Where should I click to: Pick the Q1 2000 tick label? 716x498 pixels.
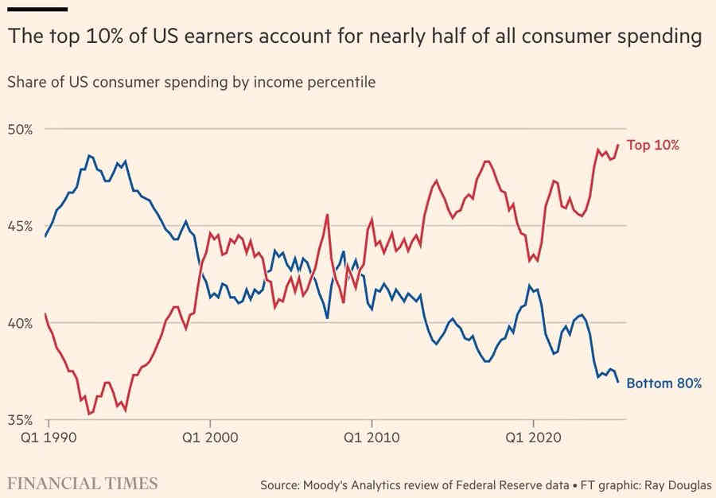tap(209, 437)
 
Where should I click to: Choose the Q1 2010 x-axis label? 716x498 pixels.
tap(370, 437)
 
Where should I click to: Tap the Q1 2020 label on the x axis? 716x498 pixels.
tap(532, 437)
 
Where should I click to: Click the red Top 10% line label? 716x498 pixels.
tap(652, 146)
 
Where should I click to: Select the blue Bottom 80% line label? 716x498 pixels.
tap(663, 383)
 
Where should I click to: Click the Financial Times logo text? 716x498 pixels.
tap(83, 483)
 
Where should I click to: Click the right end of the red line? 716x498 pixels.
tap(618, 145)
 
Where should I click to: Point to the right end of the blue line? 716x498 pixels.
tap(618, 382)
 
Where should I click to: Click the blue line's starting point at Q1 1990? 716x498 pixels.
tap(46, 236)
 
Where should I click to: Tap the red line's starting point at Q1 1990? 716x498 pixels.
tap(46, 313)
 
